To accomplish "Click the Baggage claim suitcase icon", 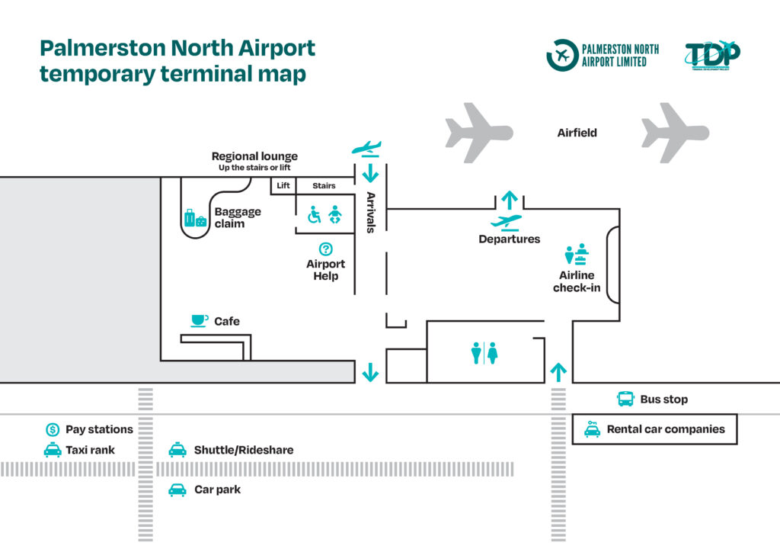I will click(x=195, y=218).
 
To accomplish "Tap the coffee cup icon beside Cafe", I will click(x=199, y=321).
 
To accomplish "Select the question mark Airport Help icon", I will click(x=326, y=249).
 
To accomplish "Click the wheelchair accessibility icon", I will click(x=314, y=216).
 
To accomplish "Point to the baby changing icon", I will click(x=335, y=216).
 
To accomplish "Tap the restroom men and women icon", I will click(x=484, y=353).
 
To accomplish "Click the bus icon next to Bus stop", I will click(x=625, y=399).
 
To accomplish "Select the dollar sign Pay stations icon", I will click(x=53, y=430).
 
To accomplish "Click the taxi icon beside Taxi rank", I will click(x=53, y=450).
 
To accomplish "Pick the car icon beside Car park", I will click(x=177, y=489).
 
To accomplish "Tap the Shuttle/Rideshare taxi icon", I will click(x=177, y=450).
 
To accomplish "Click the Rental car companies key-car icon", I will click(x=592, y=428).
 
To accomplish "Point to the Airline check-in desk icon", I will click(x=577, y=254).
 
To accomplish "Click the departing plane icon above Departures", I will click(x=507, y=222).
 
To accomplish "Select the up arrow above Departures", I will click(x=510, y=200).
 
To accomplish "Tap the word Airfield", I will click(x=577, y=133).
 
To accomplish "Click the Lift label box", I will click(x=283, y=185).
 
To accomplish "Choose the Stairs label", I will click(x=324, y=185).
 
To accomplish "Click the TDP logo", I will click(x=711, y=56).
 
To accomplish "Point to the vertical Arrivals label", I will click(x=371, y=212).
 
